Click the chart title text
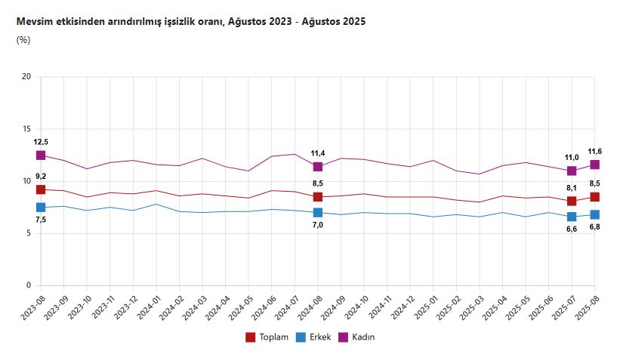coord(191,22)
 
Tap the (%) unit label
coord(23,40)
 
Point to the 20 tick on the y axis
coord(26,76)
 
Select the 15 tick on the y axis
coord(26,129)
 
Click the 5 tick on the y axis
coord(28,233)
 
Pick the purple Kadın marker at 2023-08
coord(41,155)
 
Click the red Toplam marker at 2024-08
coord(318,197)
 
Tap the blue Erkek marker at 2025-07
coord(572,217)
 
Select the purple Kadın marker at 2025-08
coord(595,165)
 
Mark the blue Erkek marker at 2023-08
coord(41,208)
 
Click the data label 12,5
coord(41,142)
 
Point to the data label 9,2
coord(41,177)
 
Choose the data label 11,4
coord(318,153)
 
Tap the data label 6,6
coord(572,229)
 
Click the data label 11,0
coord(572,157)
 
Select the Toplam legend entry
coord(267,337)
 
